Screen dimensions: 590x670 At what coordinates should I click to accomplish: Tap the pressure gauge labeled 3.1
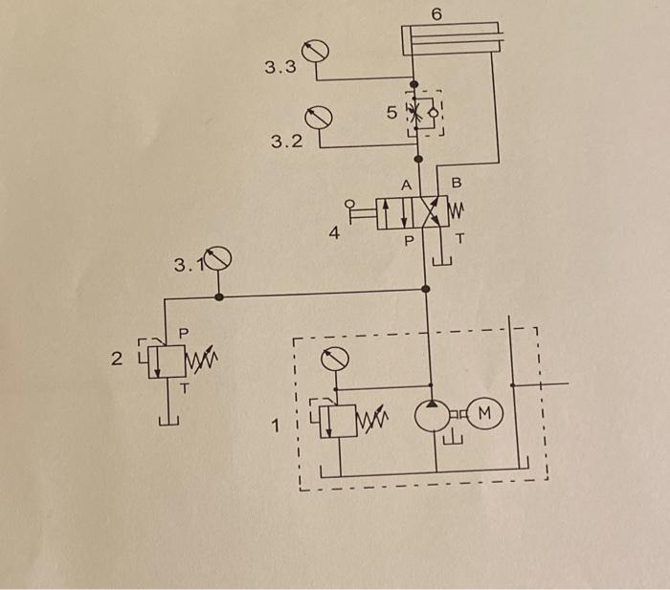(219, 257)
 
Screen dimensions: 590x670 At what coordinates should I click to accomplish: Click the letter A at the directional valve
(406, 184)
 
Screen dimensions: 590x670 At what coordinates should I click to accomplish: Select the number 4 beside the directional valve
(335, 230)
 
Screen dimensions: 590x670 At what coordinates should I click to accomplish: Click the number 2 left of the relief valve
(117, 361)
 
